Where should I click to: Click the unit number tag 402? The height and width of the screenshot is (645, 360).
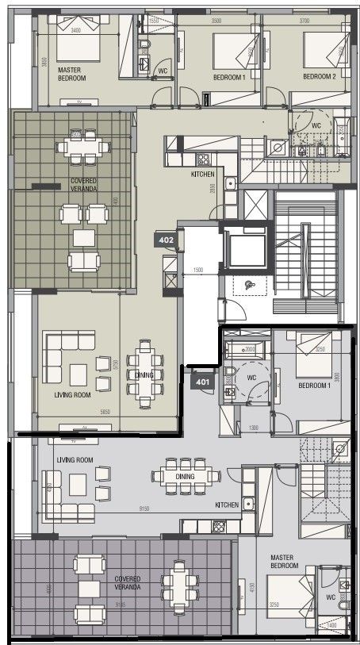click(167, 239)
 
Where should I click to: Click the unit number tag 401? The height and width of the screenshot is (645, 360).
click(203, 381)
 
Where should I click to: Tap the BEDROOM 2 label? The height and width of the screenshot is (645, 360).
click(320, 76)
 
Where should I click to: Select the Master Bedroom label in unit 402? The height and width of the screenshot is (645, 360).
click(71, 75)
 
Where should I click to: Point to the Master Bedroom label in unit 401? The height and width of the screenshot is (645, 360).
click(284, 562)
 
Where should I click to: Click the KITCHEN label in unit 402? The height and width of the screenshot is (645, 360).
click(202, 174)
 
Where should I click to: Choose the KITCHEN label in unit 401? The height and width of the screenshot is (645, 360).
click(227, 505)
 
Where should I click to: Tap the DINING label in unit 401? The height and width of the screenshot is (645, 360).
click(185, 477)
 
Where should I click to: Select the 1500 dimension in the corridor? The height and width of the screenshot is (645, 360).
click(198, 271)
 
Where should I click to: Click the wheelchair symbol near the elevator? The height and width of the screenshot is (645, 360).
click(250, 285)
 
